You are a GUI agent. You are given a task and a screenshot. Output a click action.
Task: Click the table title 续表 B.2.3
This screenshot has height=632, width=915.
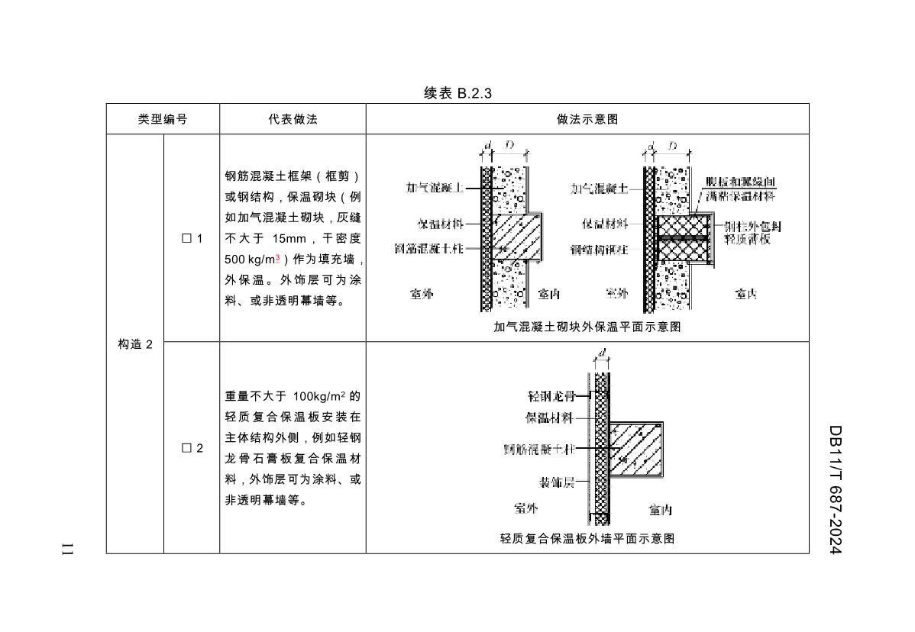(x=457, y=93)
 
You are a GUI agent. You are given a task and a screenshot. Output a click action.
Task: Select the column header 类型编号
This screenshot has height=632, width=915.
(x=163, y=120)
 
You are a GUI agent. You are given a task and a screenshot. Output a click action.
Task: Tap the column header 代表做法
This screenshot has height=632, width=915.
(x=293, y=120)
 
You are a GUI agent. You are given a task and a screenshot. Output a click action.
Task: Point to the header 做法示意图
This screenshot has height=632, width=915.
(x=587, y=120)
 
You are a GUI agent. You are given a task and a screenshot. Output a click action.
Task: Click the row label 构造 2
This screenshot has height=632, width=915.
(x=135, y=344)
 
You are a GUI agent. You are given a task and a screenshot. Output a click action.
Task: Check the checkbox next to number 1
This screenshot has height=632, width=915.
(x=186, y=239)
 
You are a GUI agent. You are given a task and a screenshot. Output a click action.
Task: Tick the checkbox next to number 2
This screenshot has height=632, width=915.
(x=186, y=448)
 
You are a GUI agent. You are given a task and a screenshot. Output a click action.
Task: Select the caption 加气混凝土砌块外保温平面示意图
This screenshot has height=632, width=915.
(x=587, y=327)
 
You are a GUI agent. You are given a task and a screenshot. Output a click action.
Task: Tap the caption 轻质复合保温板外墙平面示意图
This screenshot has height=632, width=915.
(x=587, y=538)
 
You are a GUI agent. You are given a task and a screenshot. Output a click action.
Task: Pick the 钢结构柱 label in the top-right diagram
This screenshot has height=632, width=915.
(x=600, y=249)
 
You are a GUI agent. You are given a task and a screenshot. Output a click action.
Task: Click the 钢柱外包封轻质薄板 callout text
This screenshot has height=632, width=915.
(x=752, y=233)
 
